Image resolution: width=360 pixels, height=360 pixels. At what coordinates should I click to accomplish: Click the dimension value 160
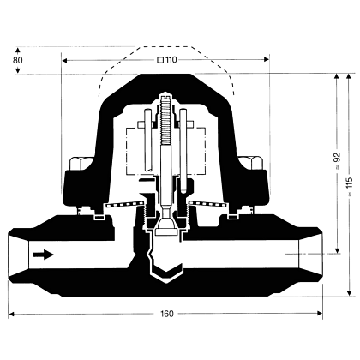[167, 314]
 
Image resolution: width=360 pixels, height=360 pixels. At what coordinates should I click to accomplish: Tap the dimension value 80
[18, 60]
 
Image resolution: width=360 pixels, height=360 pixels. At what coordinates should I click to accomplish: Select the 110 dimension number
[171, 60]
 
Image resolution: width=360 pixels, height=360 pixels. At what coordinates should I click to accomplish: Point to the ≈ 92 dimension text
[338, 161]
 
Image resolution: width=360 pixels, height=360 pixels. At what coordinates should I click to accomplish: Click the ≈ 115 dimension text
[349, 187]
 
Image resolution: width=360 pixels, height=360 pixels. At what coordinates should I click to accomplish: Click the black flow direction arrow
[43, 255]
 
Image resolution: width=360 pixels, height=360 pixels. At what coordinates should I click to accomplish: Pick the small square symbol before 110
[160, 60]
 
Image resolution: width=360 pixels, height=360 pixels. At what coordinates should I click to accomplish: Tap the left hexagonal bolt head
[80, 164]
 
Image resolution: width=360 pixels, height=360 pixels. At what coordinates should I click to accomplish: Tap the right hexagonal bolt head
[252, 164]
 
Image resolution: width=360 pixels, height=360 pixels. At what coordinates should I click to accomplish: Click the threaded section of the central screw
[165, 120]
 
